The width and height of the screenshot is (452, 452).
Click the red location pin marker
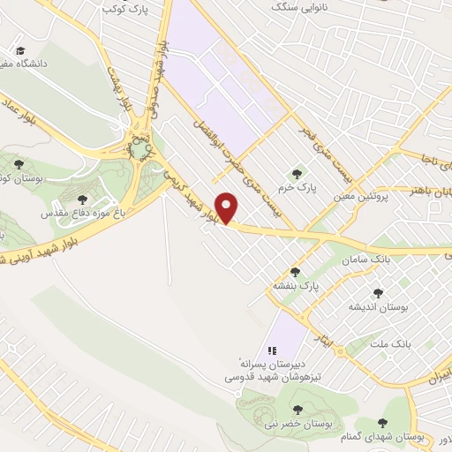tap(229, 208)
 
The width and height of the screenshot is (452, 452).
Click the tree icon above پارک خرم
tap(297, 174)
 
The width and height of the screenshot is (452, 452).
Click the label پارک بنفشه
tap(295, 286)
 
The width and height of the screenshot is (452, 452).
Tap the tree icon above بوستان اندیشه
tap(379, 293)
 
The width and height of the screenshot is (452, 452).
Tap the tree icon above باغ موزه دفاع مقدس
tap(83, 200)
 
